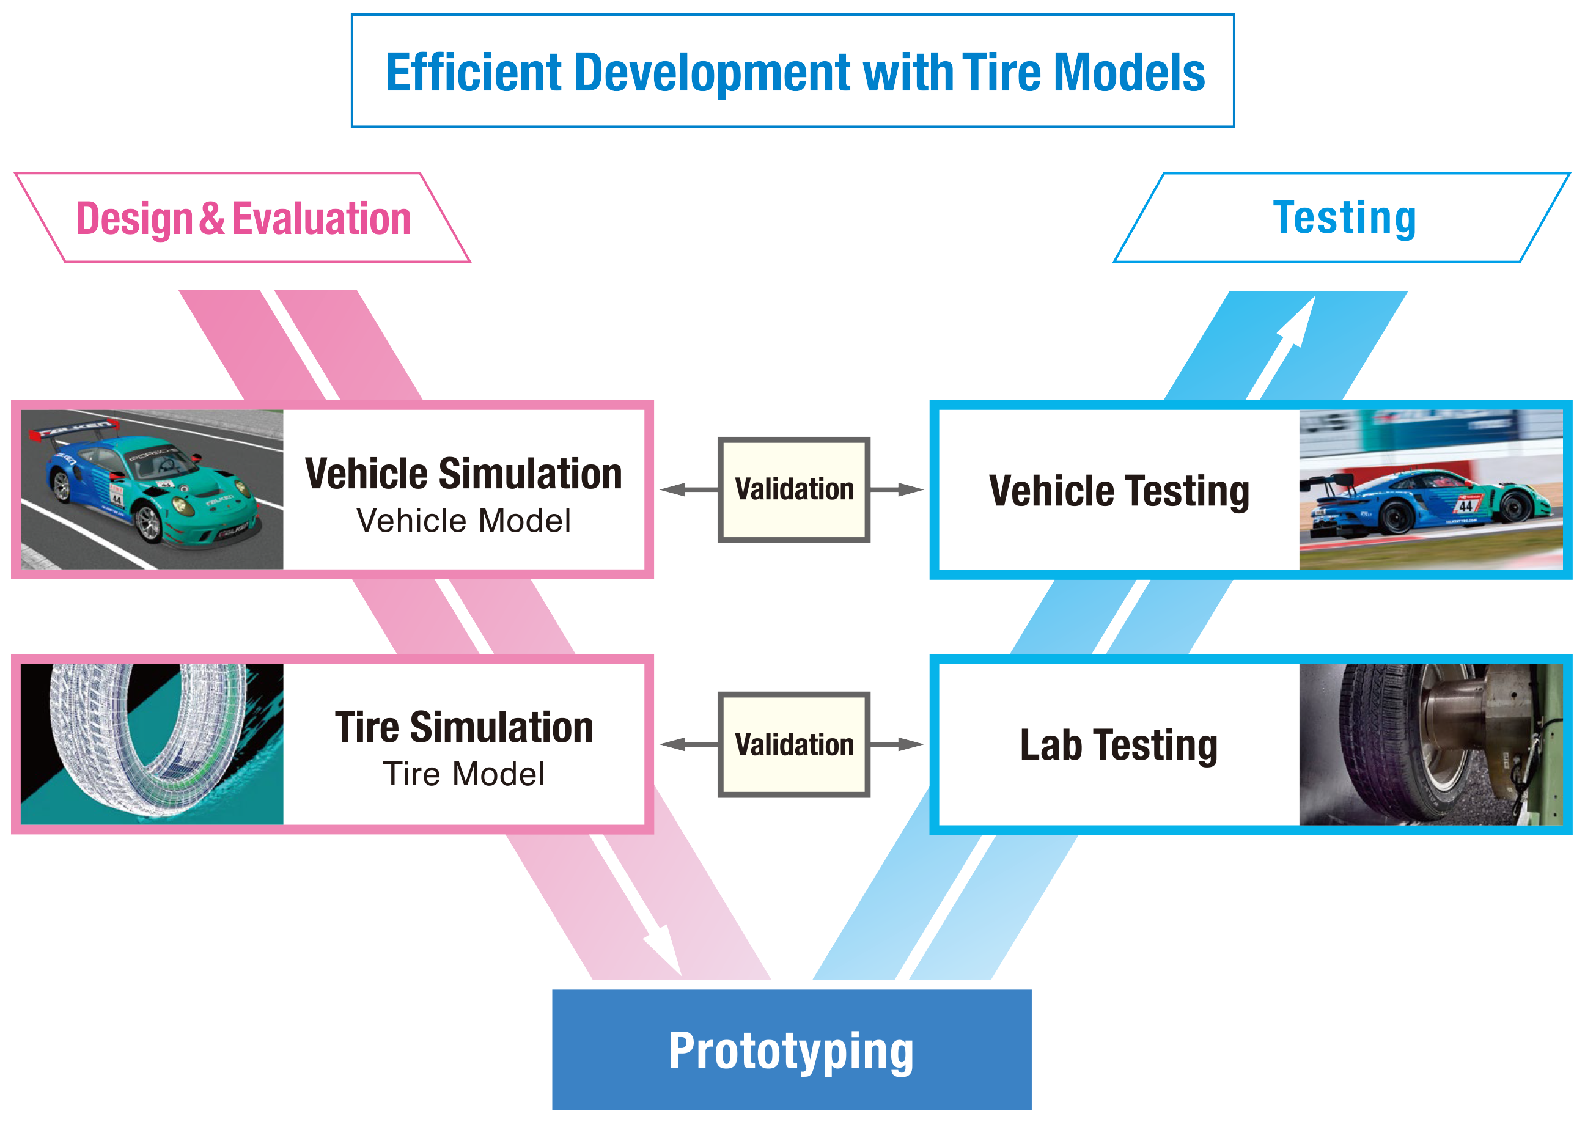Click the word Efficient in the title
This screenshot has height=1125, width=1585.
(x=474, y=73)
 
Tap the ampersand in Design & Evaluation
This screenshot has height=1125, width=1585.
(x=212, y=218)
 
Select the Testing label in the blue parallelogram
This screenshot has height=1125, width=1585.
(x=1345, y=218)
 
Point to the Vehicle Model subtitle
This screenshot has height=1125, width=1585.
(x=463, y=520)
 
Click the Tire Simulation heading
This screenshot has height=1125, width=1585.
(x=464, y=727)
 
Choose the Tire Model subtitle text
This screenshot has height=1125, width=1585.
(x=463, y=774)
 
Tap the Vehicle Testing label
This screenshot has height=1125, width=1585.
(x=1119, y=492)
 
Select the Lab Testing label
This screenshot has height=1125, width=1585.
(x=1119, y=746)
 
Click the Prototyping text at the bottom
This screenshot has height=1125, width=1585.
(x=791, y=1052)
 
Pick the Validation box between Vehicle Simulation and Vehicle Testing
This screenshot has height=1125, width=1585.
(x=794, y=489)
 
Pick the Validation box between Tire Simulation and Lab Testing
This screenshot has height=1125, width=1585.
(x=794, y=745)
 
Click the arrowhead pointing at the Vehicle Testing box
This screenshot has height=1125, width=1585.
(x=910, y=489)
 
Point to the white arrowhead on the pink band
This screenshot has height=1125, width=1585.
(x=665, y=948)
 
